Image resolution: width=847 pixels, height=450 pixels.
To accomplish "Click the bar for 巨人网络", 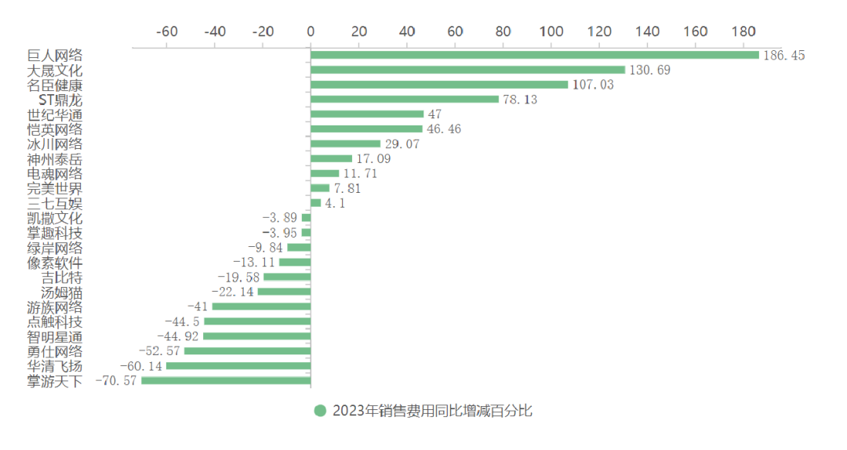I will point(535,55).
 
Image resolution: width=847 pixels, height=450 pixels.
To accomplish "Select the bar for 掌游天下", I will point(226,381).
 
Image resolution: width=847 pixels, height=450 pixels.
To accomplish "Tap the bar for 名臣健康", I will point(439,85).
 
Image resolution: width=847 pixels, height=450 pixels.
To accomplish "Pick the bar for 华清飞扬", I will point(238,366).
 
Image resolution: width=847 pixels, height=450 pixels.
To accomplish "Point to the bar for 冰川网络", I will point(346,144).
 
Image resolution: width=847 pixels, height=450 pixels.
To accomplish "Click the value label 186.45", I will point(784,55).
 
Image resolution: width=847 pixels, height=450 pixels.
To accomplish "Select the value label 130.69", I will point(651,70).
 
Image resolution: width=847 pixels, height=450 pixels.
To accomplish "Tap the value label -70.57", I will point(115,381).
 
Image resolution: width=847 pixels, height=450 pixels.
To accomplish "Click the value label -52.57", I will point(159,351).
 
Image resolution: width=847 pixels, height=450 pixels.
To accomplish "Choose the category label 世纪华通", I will point(55,114).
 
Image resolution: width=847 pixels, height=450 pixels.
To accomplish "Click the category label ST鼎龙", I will point(60,100).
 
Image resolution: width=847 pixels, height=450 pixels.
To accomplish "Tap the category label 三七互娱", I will point(55,203).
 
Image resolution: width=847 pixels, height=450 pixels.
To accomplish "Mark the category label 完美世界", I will point(55,188).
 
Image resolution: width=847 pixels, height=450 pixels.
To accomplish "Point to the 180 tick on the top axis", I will point(744,31).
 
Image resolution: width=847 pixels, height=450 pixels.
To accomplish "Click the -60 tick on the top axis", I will point(167,31).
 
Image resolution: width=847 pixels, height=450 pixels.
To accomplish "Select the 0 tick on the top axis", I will point(311,31).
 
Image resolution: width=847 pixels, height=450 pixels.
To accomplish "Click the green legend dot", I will point(320,411).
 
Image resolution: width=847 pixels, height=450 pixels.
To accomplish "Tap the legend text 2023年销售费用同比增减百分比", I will point(432,411).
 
